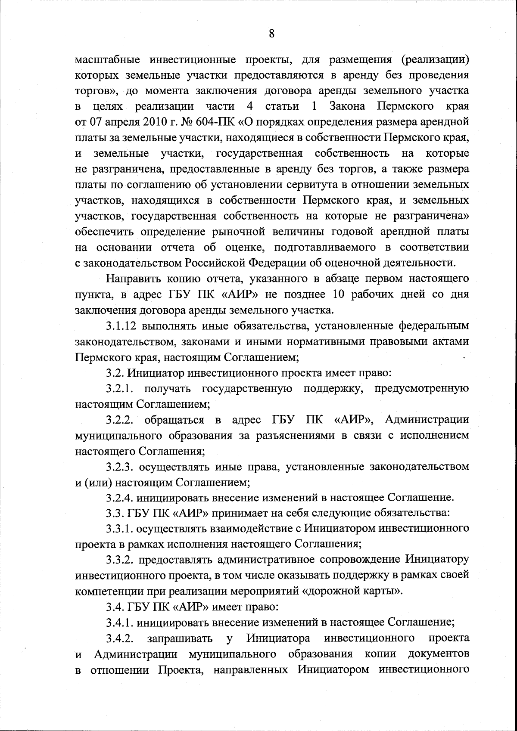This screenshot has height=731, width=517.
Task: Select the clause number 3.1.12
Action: click(x=122, y=325)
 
